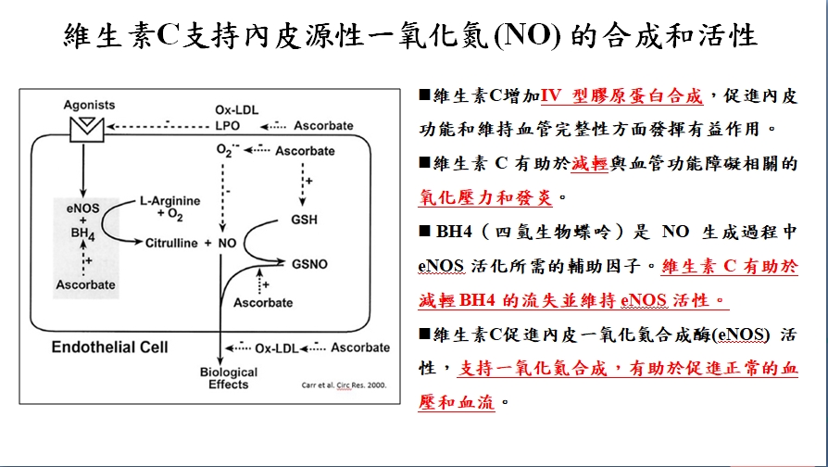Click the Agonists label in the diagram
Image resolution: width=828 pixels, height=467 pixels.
(89, 105)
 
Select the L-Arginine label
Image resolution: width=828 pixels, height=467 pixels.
(169, 200)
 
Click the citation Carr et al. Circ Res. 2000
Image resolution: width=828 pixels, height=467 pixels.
(345, 385)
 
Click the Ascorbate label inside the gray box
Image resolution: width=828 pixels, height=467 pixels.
(85, 284)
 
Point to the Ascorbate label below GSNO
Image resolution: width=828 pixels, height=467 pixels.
(262, 302)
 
